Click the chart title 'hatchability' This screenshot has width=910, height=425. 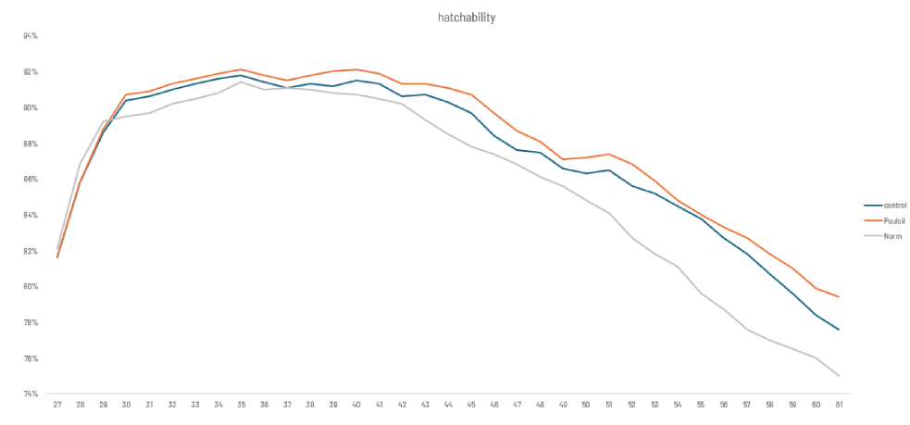point(455,17)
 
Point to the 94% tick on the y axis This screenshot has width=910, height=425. point(31,36)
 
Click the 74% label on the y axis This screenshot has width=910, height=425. point(31,394)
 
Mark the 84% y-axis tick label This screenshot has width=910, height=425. point(31,215)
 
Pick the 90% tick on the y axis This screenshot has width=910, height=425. point(31,107)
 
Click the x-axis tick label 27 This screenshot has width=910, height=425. point(57,405)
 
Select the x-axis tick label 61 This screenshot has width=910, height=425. point(839,405)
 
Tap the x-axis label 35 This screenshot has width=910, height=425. point(241,405)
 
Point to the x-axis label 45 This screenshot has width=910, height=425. point(471,405)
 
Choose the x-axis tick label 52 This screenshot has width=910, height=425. point(632,405)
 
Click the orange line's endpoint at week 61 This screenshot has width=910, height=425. point(839,297)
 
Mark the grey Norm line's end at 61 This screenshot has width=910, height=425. point(839,376)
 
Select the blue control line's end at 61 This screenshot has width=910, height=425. point(839,330)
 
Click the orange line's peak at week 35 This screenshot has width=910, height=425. point(241,69)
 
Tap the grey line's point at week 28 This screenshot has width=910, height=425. point(81,163)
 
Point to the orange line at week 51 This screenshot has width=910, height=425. point(609,154)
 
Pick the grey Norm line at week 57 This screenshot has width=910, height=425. point(747,330)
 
